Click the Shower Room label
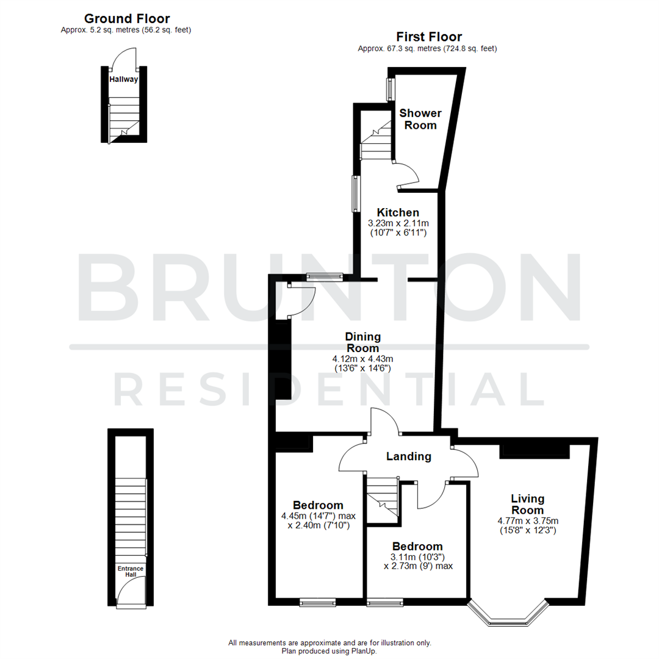420,119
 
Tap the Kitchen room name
397,212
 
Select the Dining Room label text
362,342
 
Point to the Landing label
409,456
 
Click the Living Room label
527,504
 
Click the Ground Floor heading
126,19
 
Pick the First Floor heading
428,37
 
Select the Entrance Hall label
131,571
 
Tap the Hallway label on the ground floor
123,79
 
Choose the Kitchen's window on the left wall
354,194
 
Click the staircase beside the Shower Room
375,140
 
